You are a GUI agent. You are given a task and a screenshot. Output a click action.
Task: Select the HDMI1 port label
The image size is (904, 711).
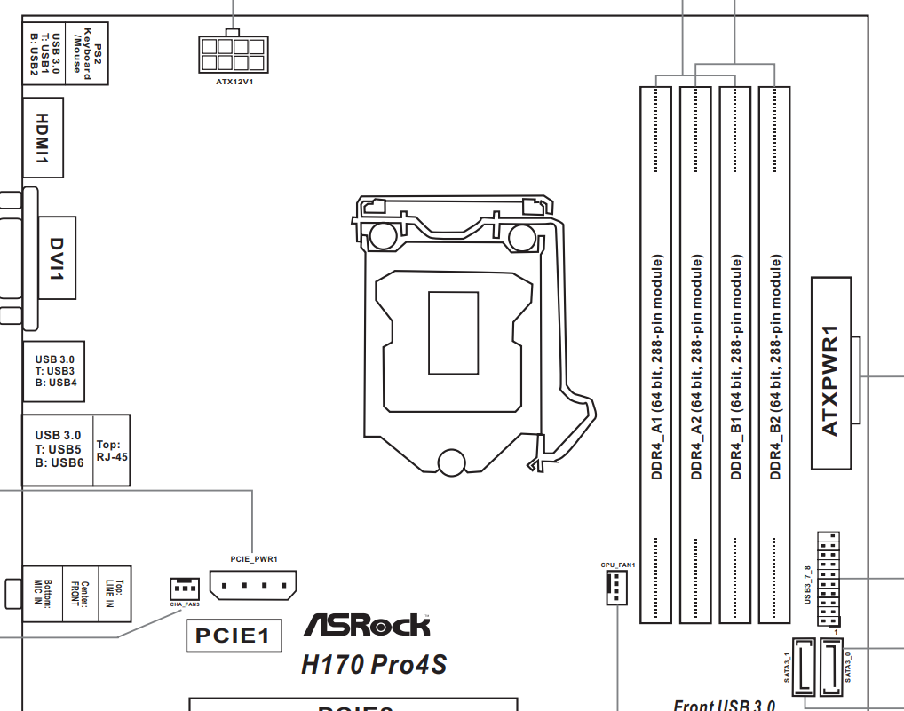(x=42, y=138)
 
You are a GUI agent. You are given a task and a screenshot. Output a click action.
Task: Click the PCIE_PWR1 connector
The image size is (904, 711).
(x=253, y=585)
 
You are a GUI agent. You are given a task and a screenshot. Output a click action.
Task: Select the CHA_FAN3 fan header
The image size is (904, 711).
(x=184, y=588)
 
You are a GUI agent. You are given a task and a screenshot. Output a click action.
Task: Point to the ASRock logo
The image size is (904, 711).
(x=367, y=625)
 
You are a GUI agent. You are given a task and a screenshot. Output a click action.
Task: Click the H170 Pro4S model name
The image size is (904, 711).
(x=373, y=663)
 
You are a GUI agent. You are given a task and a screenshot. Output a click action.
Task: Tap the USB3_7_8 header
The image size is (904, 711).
(x=828, y=578)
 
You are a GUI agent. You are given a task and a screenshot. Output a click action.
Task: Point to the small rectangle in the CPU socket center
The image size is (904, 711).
(x=453, y=331)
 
